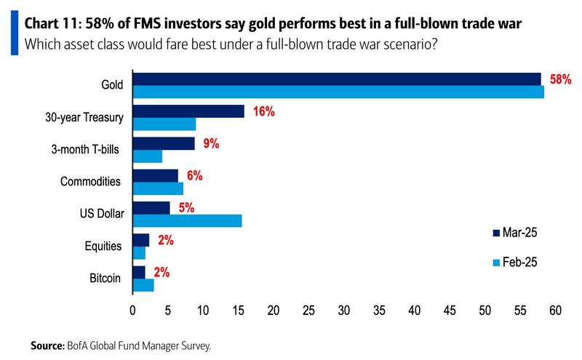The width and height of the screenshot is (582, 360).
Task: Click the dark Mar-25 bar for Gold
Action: (x=336, y=79)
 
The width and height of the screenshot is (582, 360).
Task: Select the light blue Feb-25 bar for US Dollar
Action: (x=186, y=220)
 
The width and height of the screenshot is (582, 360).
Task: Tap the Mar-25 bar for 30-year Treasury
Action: (x=188, y=111)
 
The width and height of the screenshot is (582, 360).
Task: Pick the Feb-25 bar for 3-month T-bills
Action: (x=147, y=156)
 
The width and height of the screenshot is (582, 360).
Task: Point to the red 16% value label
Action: (x=263, y=112)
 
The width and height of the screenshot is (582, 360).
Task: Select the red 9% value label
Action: (x=211, y=144)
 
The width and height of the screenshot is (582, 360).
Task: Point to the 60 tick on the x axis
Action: (x=555, y=311)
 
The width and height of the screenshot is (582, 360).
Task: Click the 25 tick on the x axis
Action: (x=308, y=311)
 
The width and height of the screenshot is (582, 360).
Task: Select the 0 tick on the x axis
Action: (x=132, y=311)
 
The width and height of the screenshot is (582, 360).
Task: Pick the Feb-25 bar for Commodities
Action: (x=157, y=188)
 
